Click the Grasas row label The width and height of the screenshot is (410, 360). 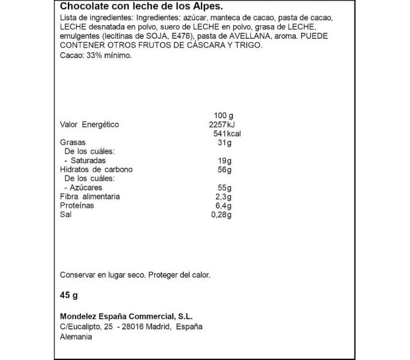(x=73, y=142)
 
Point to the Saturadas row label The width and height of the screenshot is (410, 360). (x=88, y=161)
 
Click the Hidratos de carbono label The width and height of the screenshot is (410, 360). (x=97, y=169)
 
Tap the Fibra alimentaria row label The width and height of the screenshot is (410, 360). (x=90, y=196)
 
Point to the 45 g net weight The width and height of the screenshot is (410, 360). (x=69, y=295)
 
